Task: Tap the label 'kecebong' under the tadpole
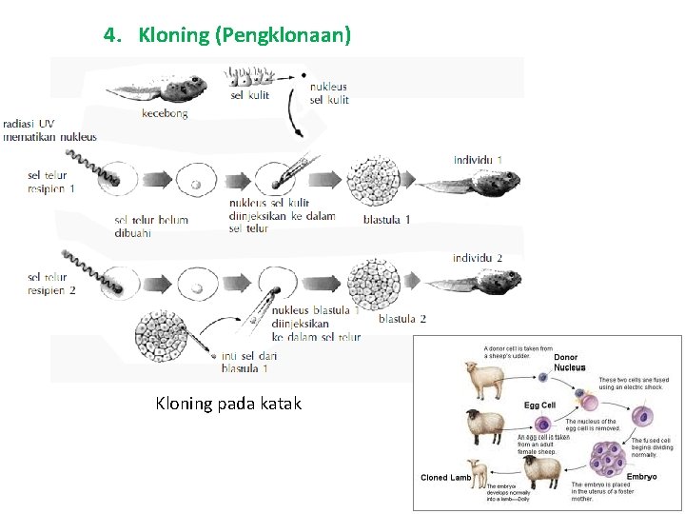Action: point(165,113)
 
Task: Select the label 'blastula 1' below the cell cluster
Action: point(387,220)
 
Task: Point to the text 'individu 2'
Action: point(478,259)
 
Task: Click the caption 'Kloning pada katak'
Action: point(228,404)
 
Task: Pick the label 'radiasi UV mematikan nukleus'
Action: point(49,130)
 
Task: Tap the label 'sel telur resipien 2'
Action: point(52,284)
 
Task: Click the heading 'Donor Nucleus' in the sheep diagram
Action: point(570,363)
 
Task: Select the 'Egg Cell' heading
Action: point(539,405)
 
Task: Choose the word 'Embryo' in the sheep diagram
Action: point(640,476)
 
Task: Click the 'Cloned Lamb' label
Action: point(445,477)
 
